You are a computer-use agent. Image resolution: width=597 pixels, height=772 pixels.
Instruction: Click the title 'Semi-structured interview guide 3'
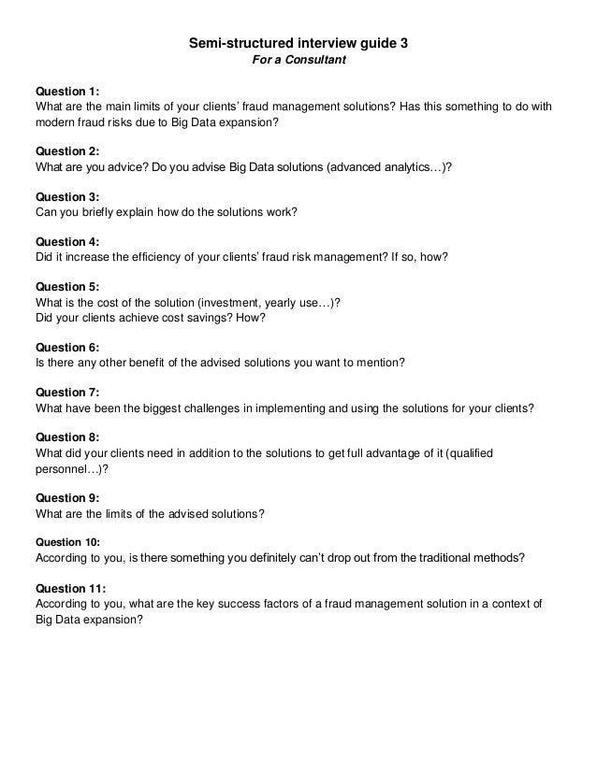point(298,43)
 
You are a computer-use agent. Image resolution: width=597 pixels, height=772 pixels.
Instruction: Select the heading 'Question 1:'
point(66,92)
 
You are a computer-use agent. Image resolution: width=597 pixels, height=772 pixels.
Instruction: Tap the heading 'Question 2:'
point(66,150)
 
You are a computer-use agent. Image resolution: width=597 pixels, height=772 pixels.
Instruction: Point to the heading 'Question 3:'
point(66,197)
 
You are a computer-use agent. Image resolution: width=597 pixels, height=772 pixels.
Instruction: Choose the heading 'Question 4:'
point(66,241)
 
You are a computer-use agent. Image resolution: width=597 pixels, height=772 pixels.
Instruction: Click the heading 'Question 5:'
point(66,286)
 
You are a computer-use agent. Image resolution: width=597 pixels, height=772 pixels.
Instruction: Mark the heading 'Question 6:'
point(66,346)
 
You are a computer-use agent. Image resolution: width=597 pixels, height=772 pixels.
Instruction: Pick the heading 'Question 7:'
point(66,392)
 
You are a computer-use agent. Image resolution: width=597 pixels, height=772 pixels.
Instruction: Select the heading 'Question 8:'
point(66,436)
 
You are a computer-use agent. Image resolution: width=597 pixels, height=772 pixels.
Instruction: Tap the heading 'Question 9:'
point(66,497)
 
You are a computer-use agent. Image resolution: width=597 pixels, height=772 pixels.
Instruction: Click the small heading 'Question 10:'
point(62,541)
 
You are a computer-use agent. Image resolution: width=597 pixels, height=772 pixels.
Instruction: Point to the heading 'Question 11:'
point(69,588)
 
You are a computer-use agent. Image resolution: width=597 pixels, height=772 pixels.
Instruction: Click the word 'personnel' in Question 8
point(61,468)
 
